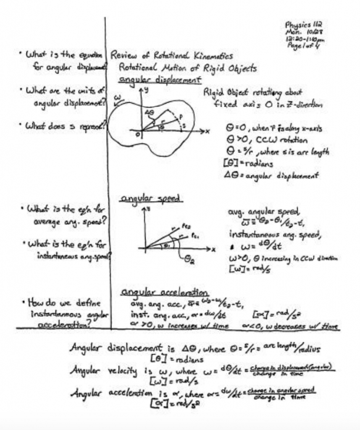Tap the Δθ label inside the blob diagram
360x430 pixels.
tap(149, 113)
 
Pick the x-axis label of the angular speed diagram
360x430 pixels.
tap(213, 249)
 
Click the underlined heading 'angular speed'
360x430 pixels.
tap(150, 198)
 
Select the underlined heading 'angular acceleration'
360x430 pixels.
tap(164, 292)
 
